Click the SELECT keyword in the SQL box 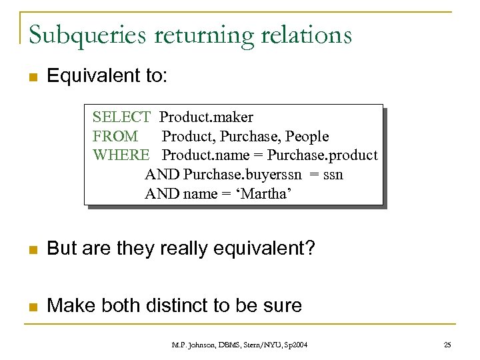pyautogui.click(x=121, y=117)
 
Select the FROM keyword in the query pyautogui.click(x=115, y=137)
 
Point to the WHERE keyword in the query pyautogui.click(x=121, y=155)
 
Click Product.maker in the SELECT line pyautogui.click(x=207, y=117)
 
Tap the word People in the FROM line pyautogui.click(x=307, y=137)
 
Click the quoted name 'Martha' pyautogui.click(x=267, y=194)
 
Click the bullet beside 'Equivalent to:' pyautogui.click(x=31, y=77)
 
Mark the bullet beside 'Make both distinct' pyautogui.click(x=31, y=306)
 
